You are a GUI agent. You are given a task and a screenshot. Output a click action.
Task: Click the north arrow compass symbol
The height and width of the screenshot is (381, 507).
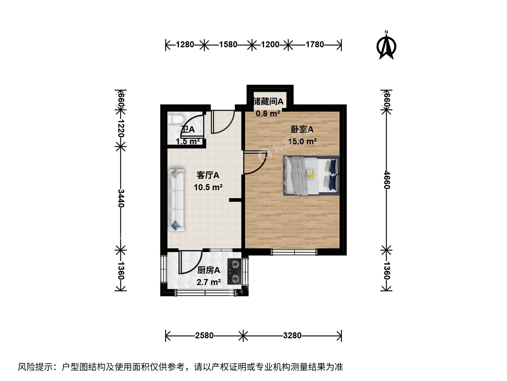pos(386,46)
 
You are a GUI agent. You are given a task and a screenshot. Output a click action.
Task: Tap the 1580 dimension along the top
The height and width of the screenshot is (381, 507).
pos(228,44)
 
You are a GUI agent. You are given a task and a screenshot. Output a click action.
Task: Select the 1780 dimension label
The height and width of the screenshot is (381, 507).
pos(315,44)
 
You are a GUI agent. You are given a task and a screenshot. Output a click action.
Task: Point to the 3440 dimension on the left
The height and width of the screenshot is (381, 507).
pos(121,198)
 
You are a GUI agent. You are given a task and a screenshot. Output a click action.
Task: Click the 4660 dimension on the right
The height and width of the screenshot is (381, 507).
pos(387,180)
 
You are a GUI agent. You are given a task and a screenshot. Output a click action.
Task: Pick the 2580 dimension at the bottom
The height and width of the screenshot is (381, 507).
pos(204,335)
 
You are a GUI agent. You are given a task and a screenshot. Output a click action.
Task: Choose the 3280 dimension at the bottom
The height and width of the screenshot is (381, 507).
pos(292,335)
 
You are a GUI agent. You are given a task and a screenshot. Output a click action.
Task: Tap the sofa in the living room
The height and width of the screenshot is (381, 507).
pos(176,200)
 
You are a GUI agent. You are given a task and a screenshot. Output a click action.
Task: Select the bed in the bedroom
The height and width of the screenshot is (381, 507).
pos(311,176)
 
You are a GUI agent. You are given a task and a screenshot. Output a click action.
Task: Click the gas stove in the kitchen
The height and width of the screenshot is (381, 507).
pos(235,271)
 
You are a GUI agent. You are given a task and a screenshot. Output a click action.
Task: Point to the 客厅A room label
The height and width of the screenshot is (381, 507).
pos(208,175)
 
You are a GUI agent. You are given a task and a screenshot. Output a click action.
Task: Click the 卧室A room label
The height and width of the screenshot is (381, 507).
pos(302,129)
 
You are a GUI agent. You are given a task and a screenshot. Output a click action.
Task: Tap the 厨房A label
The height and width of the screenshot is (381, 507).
pos(208,270)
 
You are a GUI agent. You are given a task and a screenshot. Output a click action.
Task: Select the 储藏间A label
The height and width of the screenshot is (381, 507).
pos(268,101)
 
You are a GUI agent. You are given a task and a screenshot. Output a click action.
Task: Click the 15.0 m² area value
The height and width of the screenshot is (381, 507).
pos(302,141)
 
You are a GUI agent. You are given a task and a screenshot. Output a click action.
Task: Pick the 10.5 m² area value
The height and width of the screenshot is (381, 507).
pos(208,187)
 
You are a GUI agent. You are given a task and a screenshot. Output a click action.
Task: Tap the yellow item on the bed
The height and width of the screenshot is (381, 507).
pos(310,174)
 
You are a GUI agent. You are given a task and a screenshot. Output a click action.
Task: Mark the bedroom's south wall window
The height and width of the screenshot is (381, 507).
pos(294,252)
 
